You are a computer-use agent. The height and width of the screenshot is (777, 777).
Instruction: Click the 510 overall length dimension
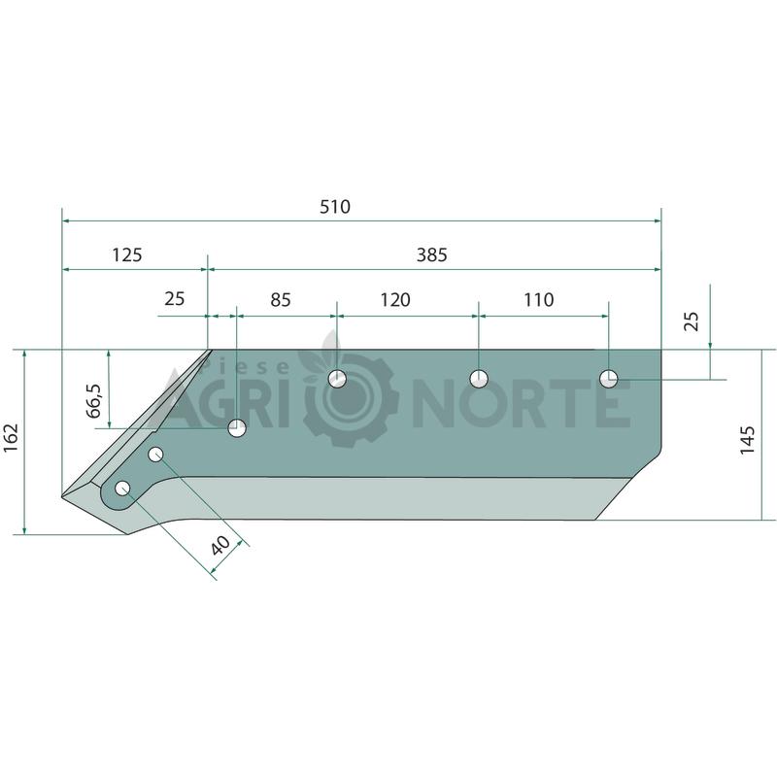(335, 206)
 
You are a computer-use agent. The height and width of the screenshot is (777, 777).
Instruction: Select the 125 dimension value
(127, 254)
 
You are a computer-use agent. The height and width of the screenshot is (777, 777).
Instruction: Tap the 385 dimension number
(431, 254)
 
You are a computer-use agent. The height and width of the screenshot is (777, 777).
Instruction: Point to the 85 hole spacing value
(281, 300)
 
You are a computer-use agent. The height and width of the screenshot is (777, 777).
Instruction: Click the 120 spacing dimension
(395, 300)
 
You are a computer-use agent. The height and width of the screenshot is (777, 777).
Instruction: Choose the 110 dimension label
(538, 300)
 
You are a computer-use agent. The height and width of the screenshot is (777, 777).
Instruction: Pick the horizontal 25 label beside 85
(175, 299)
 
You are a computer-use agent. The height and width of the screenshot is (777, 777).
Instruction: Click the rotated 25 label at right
(691, 321)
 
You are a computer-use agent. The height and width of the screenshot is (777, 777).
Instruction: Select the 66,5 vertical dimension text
(94, 400)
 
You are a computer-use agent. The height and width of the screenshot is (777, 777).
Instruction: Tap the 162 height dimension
(11, 437)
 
